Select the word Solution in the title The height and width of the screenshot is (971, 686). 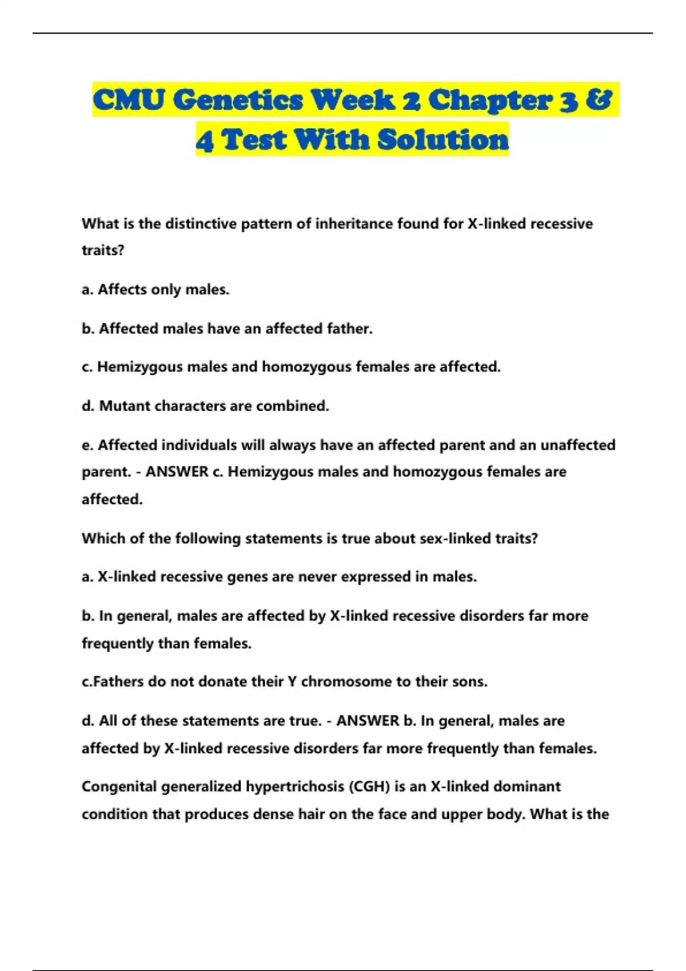click(443, 140)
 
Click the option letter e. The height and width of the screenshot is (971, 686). click(86, 445)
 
